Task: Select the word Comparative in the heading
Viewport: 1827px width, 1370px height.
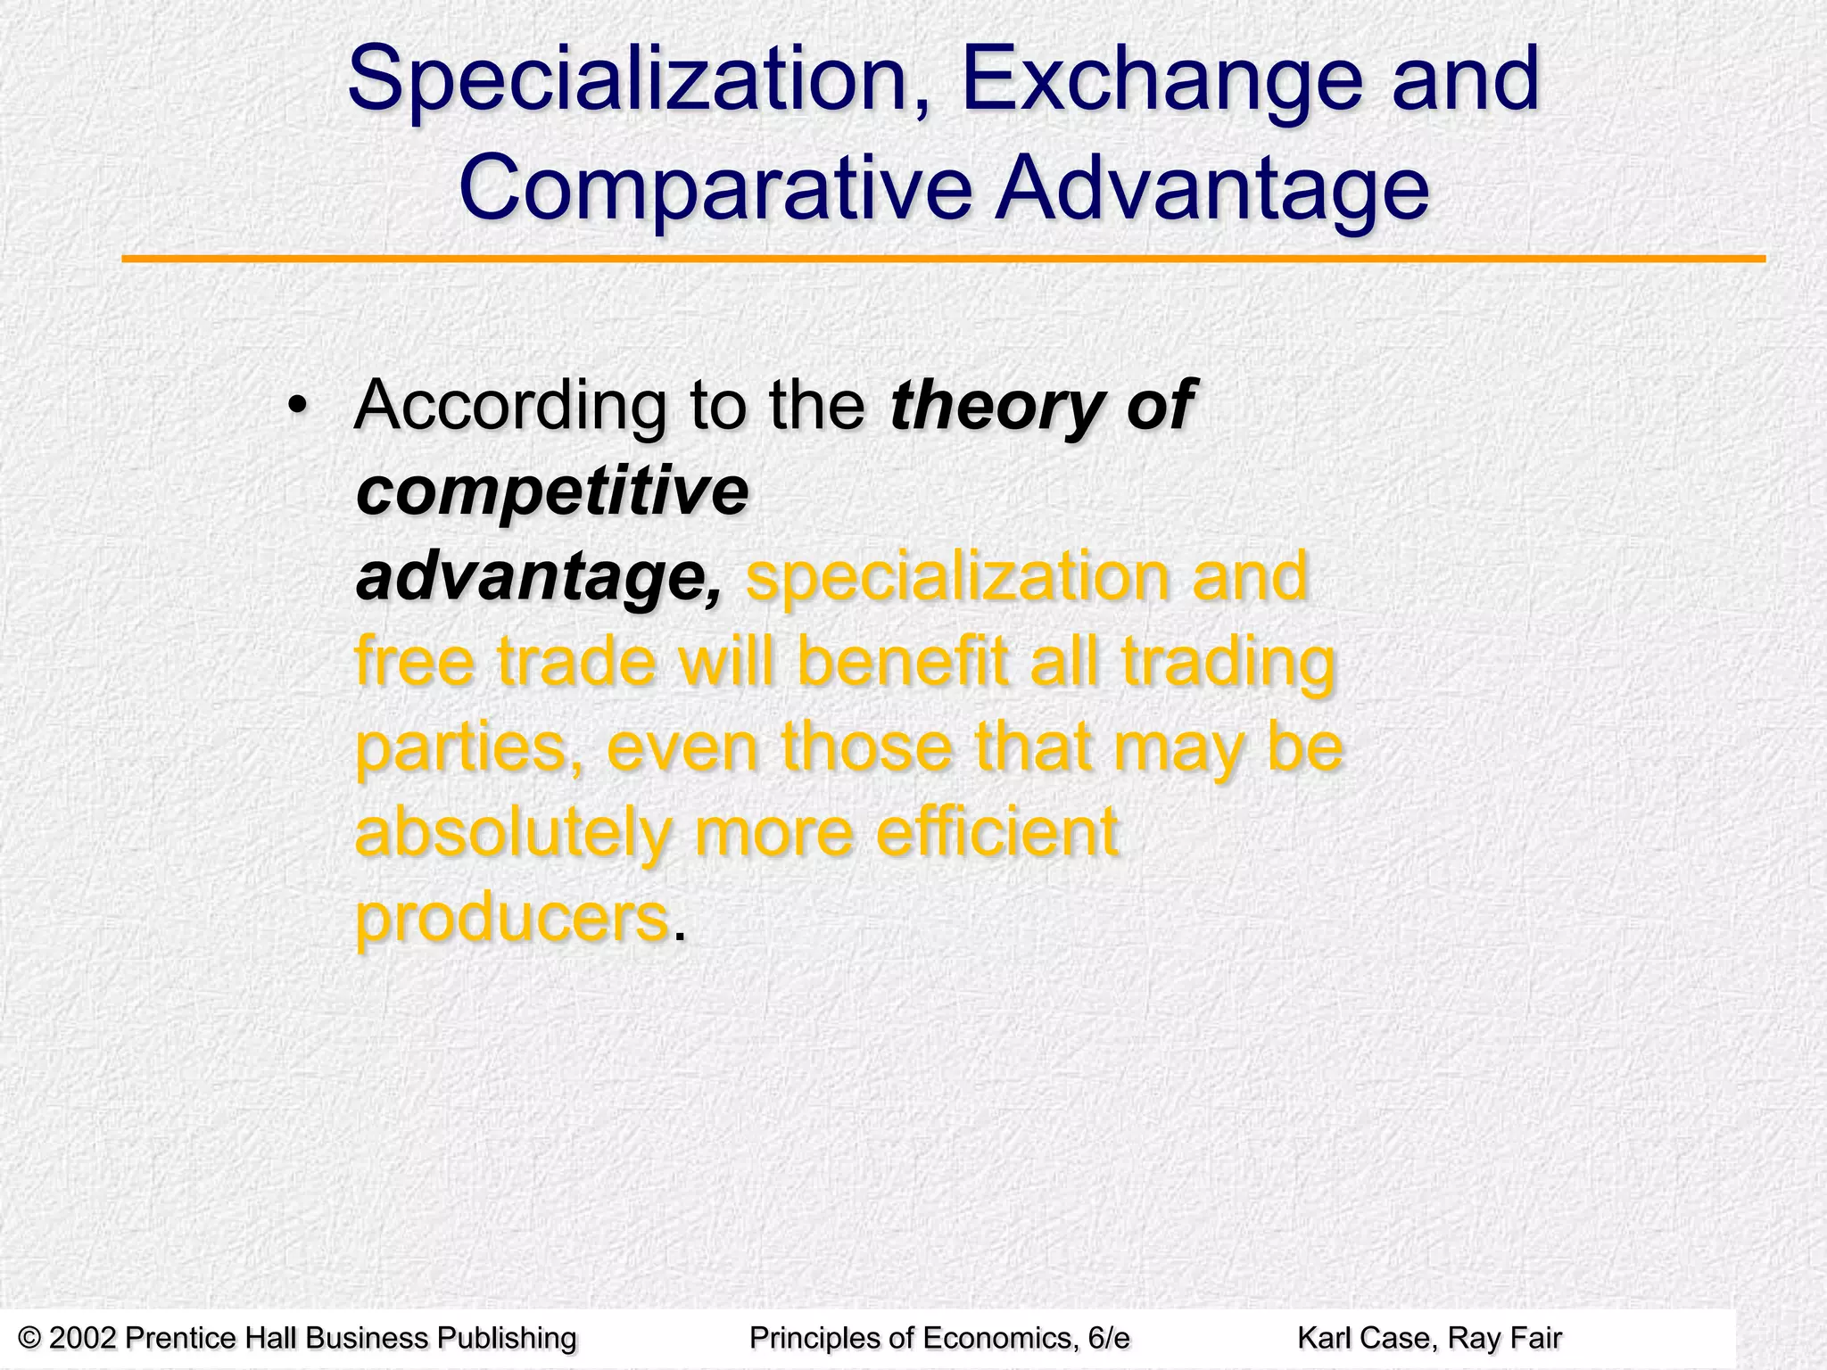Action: pyautogui.click(x=715, y=190)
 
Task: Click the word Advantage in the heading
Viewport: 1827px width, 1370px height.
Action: pyautogui.click(x=1212, y=190)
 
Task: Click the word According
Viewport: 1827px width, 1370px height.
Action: pyautogui.click(x=509, y=407)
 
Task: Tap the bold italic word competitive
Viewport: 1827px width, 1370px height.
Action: pyautogui.click(x=551, y=492)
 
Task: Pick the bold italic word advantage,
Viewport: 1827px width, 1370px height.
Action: pyautogui.click(x=539, y=578)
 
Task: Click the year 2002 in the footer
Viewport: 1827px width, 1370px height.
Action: pyautogui.click(x=83, y=1338)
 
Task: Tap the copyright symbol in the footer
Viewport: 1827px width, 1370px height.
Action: pyautogui.click(x=29, y=1338)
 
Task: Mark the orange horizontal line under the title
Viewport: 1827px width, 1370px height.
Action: pyautogui.click(x=943, y=259)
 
